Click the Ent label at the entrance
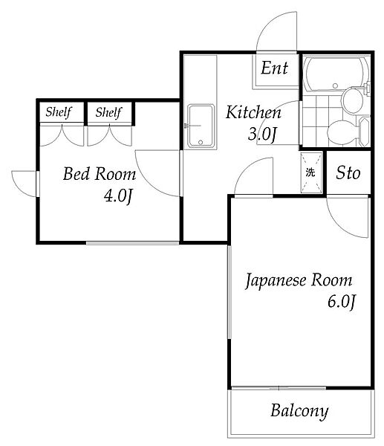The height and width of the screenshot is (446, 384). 274,69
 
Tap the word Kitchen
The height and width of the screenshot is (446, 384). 253,113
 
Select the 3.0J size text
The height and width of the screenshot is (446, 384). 262,135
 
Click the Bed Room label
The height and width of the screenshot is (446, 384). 99,175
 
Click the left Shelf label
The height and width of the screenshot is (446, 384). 58,113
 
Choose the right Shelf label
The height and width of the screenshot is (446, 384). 108,113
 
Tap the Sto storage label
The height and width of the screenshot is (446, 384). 348,174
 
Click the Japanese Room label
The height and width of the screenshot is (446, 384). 299,281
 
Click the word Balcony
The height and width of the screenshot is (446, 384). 299,410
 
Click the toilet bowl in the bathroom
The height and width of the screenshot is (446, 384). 342,132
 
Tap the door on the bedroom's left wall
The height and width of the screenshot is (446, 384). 25,183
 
